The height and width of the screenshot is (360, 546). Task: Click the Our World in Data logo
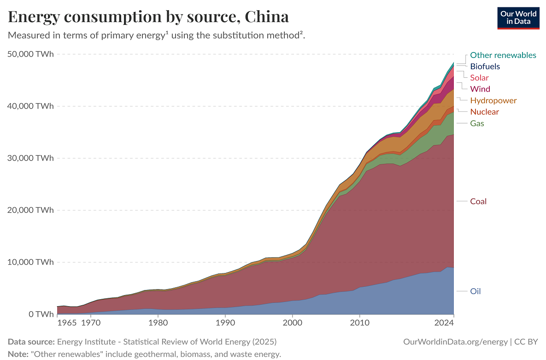[x=518, y=17]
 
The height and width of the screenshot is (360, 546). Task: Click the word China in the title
[x=267, y=17]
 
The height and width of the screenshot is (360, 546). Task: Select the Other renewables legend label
[x=503, y=55]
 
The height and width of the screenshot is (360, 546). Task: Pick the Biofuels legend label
[x=485, y=66]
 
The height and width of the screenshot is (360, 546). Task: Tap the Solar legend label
[x=479, y=78]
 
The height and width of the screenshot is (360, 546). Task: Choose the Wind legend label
[x=480, y=89]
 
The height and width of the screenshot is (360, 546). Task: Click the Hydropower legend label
[x=493, y=100]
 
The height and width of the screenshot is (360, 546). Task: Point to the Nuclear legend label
[x=484, y=112]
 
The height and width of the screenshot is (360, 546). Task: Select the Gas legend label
[x=477, y=123]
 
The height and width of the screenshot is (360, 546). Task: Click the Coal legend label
[x=478, y=201]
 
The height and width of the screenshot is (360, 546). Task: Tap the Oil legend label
[x=476, y=291]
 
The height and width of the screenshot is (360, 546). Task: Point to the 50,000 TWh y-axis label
[x=31, y=54]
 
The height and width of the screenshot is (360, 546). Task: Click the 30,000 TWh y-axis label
[x=31, y=158]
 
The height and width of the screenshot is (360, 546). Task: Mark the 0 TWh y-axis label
[x=41, y=314]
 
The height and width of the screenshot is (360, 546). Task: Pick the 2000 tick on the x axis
[x=292, y=323]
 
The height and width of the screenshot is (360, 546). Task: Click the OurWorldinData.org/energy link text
[x=455, y=342]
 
